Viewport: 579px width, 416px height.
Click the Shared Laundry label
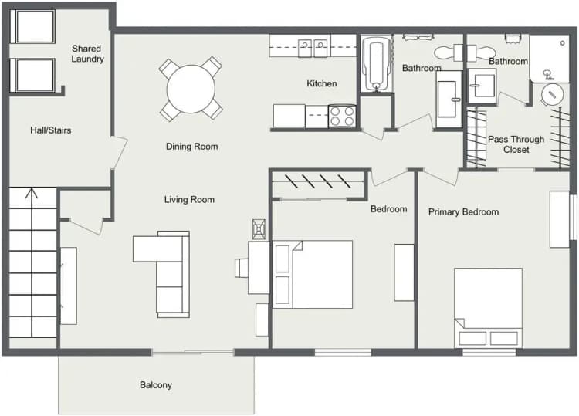87,53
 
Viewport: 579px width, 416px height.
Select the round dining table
191,88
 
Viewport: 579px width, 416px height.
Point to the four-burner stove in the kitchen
342,117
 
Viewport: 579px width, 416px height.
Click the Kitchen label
321,83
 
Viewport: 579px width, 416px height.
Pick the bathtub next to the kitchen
377,64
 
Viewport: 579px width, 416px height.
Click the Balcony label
156,385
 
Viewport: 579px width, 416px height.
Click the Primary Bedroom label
463,212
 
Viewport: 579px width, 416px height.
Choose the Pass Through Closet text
516,144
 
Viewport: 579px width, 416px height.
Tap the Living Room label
189,200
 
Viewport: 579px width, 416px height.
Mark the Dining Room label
191,147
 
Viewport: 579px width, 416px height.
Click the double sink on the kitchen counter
313,48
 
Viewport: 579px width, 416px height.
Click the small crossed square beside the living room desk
259,228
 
